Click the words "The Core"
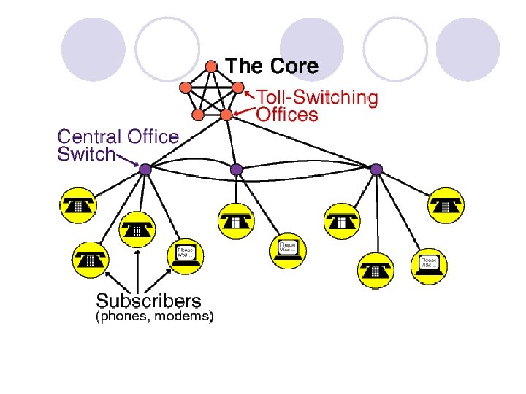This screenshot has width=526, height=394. pyautogui.click(x=272, y=66)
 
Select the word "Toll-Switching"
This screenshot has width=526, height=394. pyautogui.click(x=316, y=98)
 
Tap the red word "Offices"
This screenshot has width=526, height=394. pyautogui.click(x=287, y=115)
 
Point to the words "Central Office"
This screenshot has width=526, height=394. pyautogui.click(x=118, y=136)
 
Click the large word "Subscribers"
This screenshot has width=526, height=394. pyautogui.click(x=148, y=300)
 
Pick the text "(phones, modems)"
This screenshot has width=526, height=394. pyautogui.click(x=155, y=317)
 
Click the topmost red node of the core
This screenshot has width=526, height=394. pyautogui.click(x=211, y=66)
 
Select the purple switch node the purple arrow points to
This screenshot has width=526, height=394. pyautogui.click(x=145, y=169)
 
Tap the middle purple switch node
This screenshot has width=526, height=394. pyautogui.click(x=236, y=169)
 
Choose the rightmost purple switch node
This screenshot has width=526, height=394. pyautogui.click(x=376, y=169)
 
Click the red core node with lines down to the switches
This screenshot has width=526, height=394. pyautogui.click(x=226, y=115)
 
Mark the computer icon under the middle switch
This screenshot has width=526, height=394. pyautogui.click(x=289, y=249)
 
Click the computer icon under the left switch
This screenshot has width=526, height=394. pyautogui.click(x=187, y=255)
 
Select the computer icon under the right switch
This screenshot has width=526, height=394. pyautogui.click(x=429, y=263)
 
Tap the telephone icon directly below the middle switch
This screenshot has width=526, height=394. pyautogui.click(x=235, y=219)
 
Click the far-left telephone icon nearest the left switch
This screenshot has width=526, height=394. pyautogui.click(x=78, y=206)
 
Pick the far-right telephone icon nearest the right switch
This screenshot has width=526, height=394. pyautogui.click(x=445, y=205)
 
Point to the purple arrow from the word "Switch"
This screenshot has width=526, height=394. pyautogui.click(x=128, y=160)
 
